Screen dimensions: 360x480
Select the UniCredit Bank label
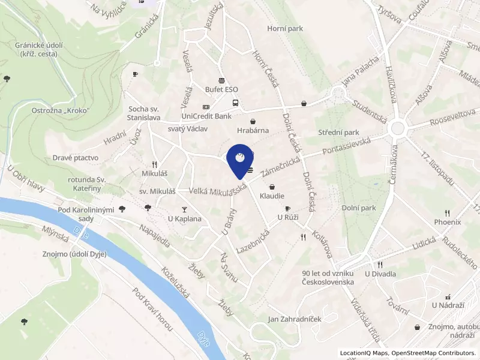(x=206, y=116)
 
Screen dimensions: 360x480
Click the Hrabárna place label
(x=252, y=130)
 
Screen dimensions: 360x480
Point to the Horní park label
(x=285, y=28)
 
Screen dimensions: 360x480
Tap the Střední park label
(x=338, y=133)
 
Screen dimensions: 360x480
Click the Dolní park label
(x=359, y=208)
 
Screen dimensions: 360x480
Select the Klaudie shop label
(x=272, y=196)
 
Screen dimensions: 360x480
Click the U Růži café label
(x=287, y=217)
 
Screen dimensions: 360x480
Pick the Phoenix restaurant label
(x=447, y=222)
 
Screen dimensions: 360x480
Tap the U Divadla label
(x=380, y=274)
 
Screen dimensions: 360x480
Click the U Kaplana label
(x=184, y=219)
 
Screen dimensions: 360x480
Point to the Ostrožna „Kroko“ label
(x=61, y=111)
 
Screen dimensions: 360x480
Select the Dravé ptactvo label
(x=76, y=158)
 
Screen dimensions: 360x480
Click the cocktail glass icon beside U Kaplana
(x=184, y=209)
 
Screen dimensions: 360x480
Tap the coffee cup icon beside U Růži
(x=287, y=208)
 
